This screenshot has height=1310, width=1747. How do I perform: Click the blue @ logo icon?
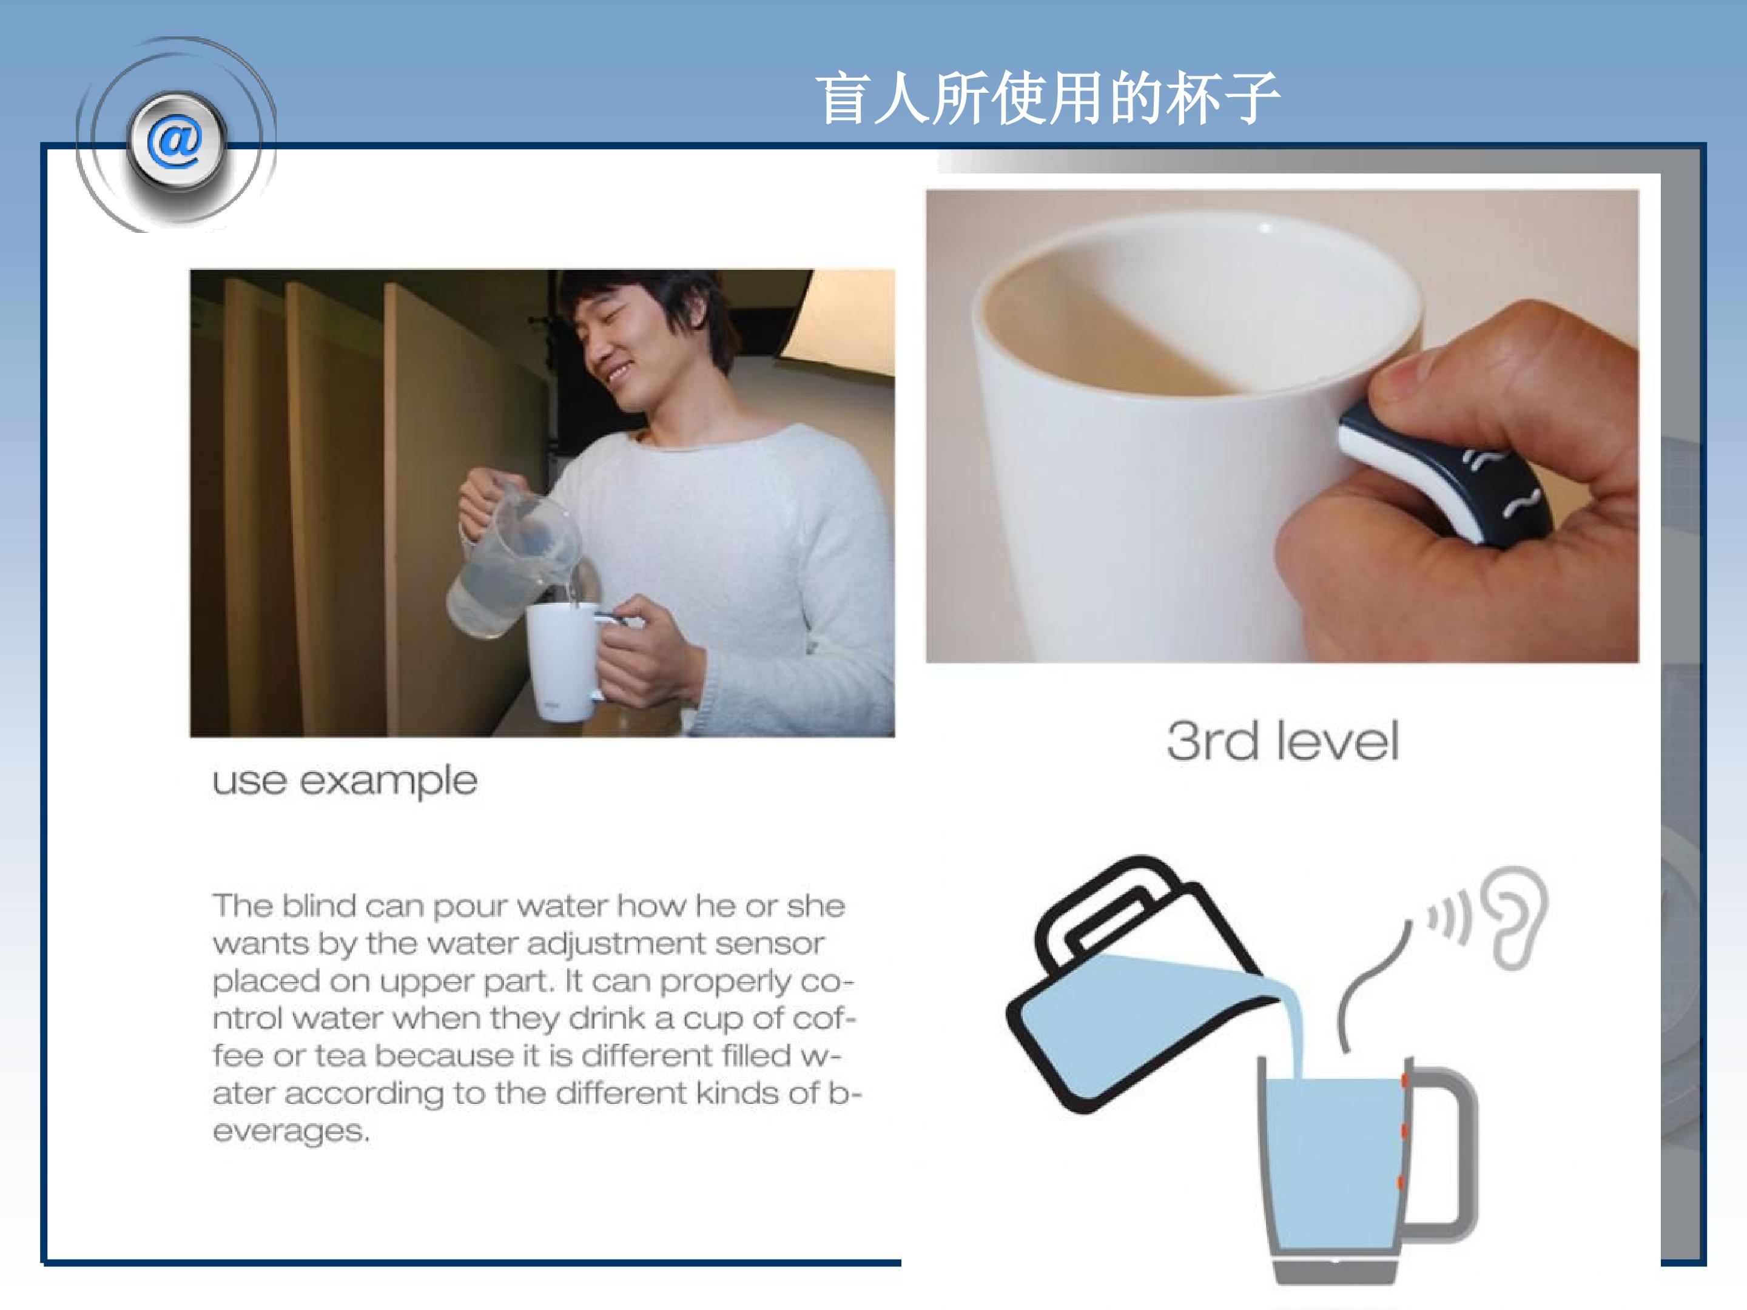(176, 142)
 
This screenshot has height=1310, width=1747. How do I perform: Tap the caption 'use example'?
(345, 782)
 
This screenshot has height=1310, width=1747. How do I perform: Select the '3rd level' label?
(1282, 742)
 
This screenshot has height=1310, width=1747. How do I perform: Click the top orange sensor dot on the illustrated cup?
(1405, 1080)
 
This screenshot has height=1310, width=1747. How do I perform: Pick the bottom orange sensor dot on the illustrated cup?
(1401, 1182)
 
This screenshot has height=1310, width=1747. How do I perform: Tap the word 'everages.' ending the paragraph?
(291, 1132)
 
